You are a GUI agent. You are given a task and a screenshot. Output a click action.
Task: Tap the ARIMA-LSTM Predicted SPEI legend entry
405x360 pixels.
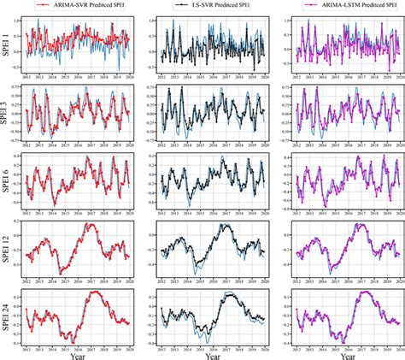point(349,7)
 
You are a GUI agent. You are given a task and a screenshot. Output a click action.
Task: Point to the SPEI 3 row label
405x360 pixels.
point(7,110)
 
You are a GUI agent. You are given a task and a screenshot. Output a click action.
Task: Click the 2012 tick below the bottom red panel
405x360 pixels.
point(27,344)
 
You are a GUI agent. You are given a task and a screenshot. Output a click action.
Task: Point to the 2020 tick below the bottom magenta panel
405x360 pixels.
point(397,344)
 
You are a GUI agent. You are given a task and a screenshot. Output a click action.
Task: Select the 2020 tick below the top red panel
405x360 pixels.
point(128,75)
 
